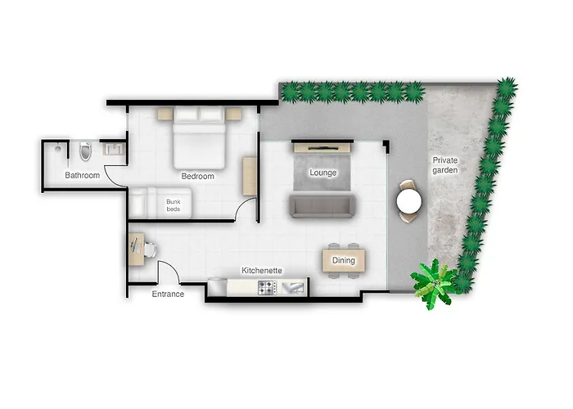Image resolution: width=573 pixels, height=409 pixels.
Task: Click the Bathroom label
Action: point(83,176)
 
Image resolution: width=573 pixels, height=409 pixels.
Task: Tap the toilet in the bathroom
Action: point(86,151)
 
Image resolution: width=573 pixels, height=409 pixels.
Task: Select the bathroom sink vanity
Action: point(113,149)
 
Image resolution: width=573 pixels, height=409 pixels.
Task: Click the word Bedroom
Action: point(197,176)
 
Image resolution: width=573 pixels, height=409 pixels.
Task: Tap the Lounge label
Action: point(323,173)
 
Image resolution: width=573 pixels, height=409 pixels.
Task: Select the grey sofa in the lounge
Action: point(320,205)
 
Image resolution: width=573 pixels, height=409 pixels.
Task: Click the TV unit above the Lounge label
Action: point(322,146)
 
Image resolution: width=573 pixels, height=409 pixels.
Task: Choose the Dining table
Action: point(343,260)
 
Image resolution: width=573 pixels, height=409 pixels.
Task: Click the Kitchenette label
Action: point(261,270)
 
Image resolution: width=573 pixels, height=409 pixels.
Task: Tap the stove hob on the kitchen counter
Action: point(267,287)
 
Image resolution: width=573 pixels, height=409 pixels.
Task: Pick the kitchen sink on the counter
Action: point(293,287)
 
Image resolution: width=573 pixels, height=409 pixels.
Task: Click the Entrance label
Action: point(168,294)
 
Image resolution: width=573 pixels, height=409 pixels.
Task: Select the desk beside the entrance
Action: point(136,249)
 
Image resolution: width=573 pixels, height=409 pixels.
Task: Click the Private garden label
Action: point(444,165)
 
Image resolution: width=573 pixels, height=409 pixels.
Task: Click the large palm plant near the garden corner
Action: point(432,282)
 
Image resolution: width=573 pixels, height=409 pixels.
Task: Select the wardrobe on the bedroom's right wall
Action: point(250,175)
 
